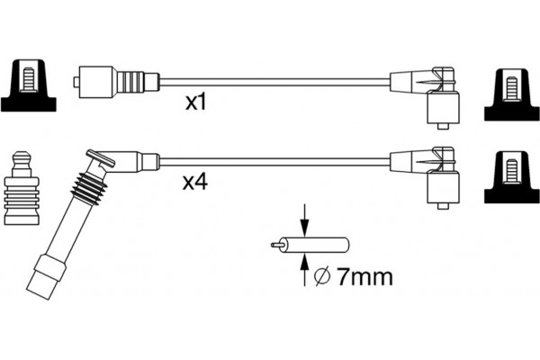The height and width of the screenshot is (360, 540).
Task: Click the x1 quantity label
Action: tap(195, 103)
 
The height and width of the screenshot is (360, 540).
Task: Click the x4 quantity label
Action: tap(195, 182)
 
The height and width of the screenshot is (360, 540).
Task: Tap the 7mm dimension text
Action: tap(364, 276)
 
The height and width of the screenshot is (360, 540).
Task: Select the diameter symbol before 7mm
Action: tap(323, 276)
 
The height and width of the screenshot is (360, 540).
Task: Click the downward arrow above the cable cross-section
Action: tap(304, 220)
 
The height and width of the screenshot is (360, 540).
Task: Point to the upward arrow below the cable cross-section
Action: tap(304, 270)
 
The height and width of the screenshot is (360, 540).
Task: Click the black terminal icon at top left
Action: tap(28, 85)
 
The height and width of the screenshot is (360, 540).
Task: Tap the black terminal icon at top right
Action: tap(512, 94)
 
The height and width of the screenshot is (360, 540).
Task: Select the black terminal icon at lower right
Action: tap(512, 176)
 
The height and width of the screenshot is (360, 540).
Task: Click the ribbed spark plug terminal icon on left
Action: tap(22, 188)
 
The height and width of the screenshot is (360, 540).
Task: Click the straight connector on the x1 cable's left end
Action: tap(116, 82)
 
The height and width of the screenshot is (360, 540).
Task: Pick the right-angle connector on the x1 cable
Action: tap(426, 96)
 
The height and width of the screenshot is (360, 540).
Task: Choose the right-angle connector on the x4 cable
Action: tap(426, 176)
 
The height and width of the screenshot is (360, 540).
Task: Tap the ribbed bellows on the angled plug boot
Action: tap(89, 189)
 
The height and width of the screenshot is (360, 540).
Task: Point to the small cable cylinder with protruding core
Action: tap(310, 246)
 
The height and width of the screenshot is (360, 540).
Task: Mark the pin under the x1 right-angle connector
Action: tap(443, 126)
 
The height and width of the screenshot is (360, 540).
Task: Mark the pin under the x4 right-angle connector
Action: tap(443, 206)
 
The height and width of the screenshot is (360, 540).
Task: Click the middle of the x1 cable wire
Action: tap(274, 82)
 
